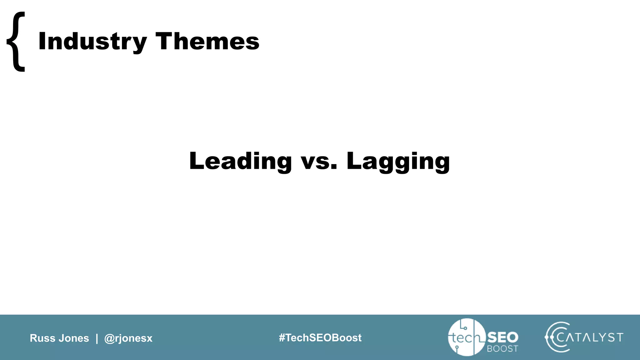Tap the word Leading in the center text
pos(240,161)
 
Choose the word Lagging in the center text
pos(398,161)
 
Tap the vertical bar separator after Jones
pos(97,338)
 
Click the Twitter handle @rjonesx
pos(128,338)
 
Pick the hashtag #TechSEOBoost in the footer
pos(320,338)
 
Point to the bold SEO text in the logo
pos(502,337)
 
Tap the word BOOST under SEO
pos(502,349)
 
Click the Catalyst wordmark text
pos(590,337)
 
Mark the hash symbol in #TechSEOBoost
pos(282,338)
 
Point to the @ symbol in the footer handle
pos(109,338)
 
